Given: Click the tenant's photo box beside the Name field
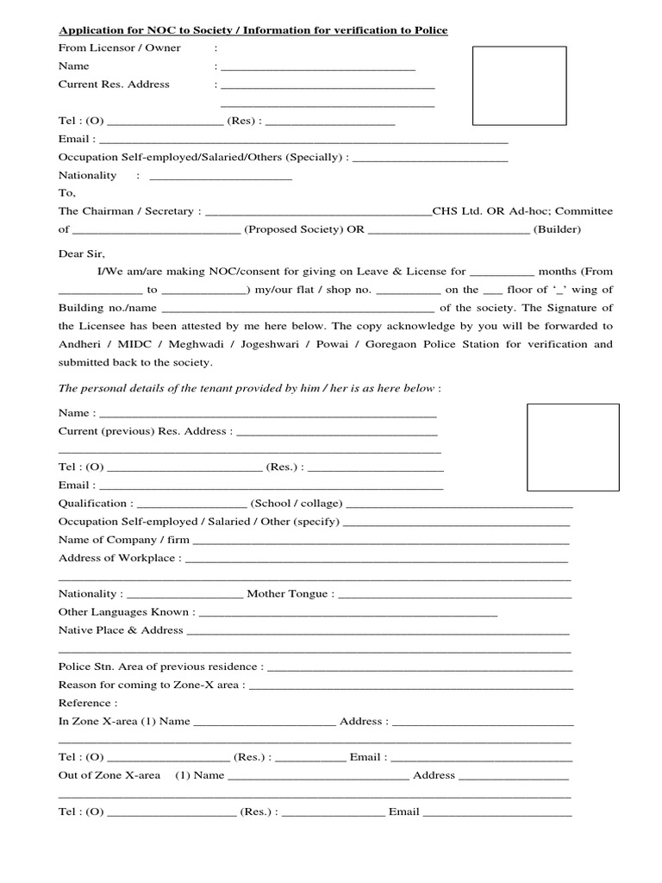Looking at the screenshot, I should tap(572, 447).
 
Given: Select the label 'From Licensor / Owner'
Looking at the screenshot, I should tap(119, 48).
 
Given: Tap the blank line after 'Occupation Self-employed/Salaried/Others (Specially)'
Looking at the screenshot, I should tap(430, 158).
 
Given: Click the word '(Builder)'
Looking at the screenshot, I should tap(557, 229).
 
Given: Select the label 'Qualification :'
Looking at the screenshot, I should tap(95, 504).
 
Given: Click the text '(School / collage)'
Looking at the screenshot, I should tap(296, 504).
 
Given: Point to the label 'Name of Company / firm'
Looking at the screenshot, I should tap(123, 540).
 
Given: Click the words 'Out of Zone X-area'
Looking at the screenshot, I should tap(109, 775).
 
